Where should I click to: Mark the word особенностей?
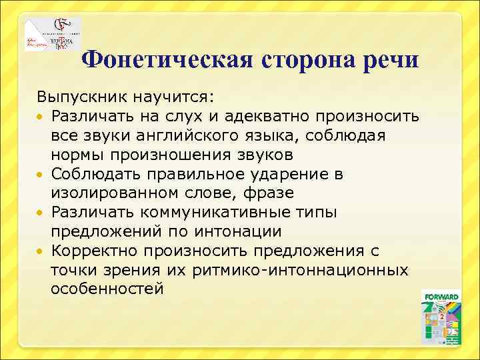[x=107, y=290]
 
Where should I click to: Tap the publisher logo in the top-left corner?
[x=53, y=35]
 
